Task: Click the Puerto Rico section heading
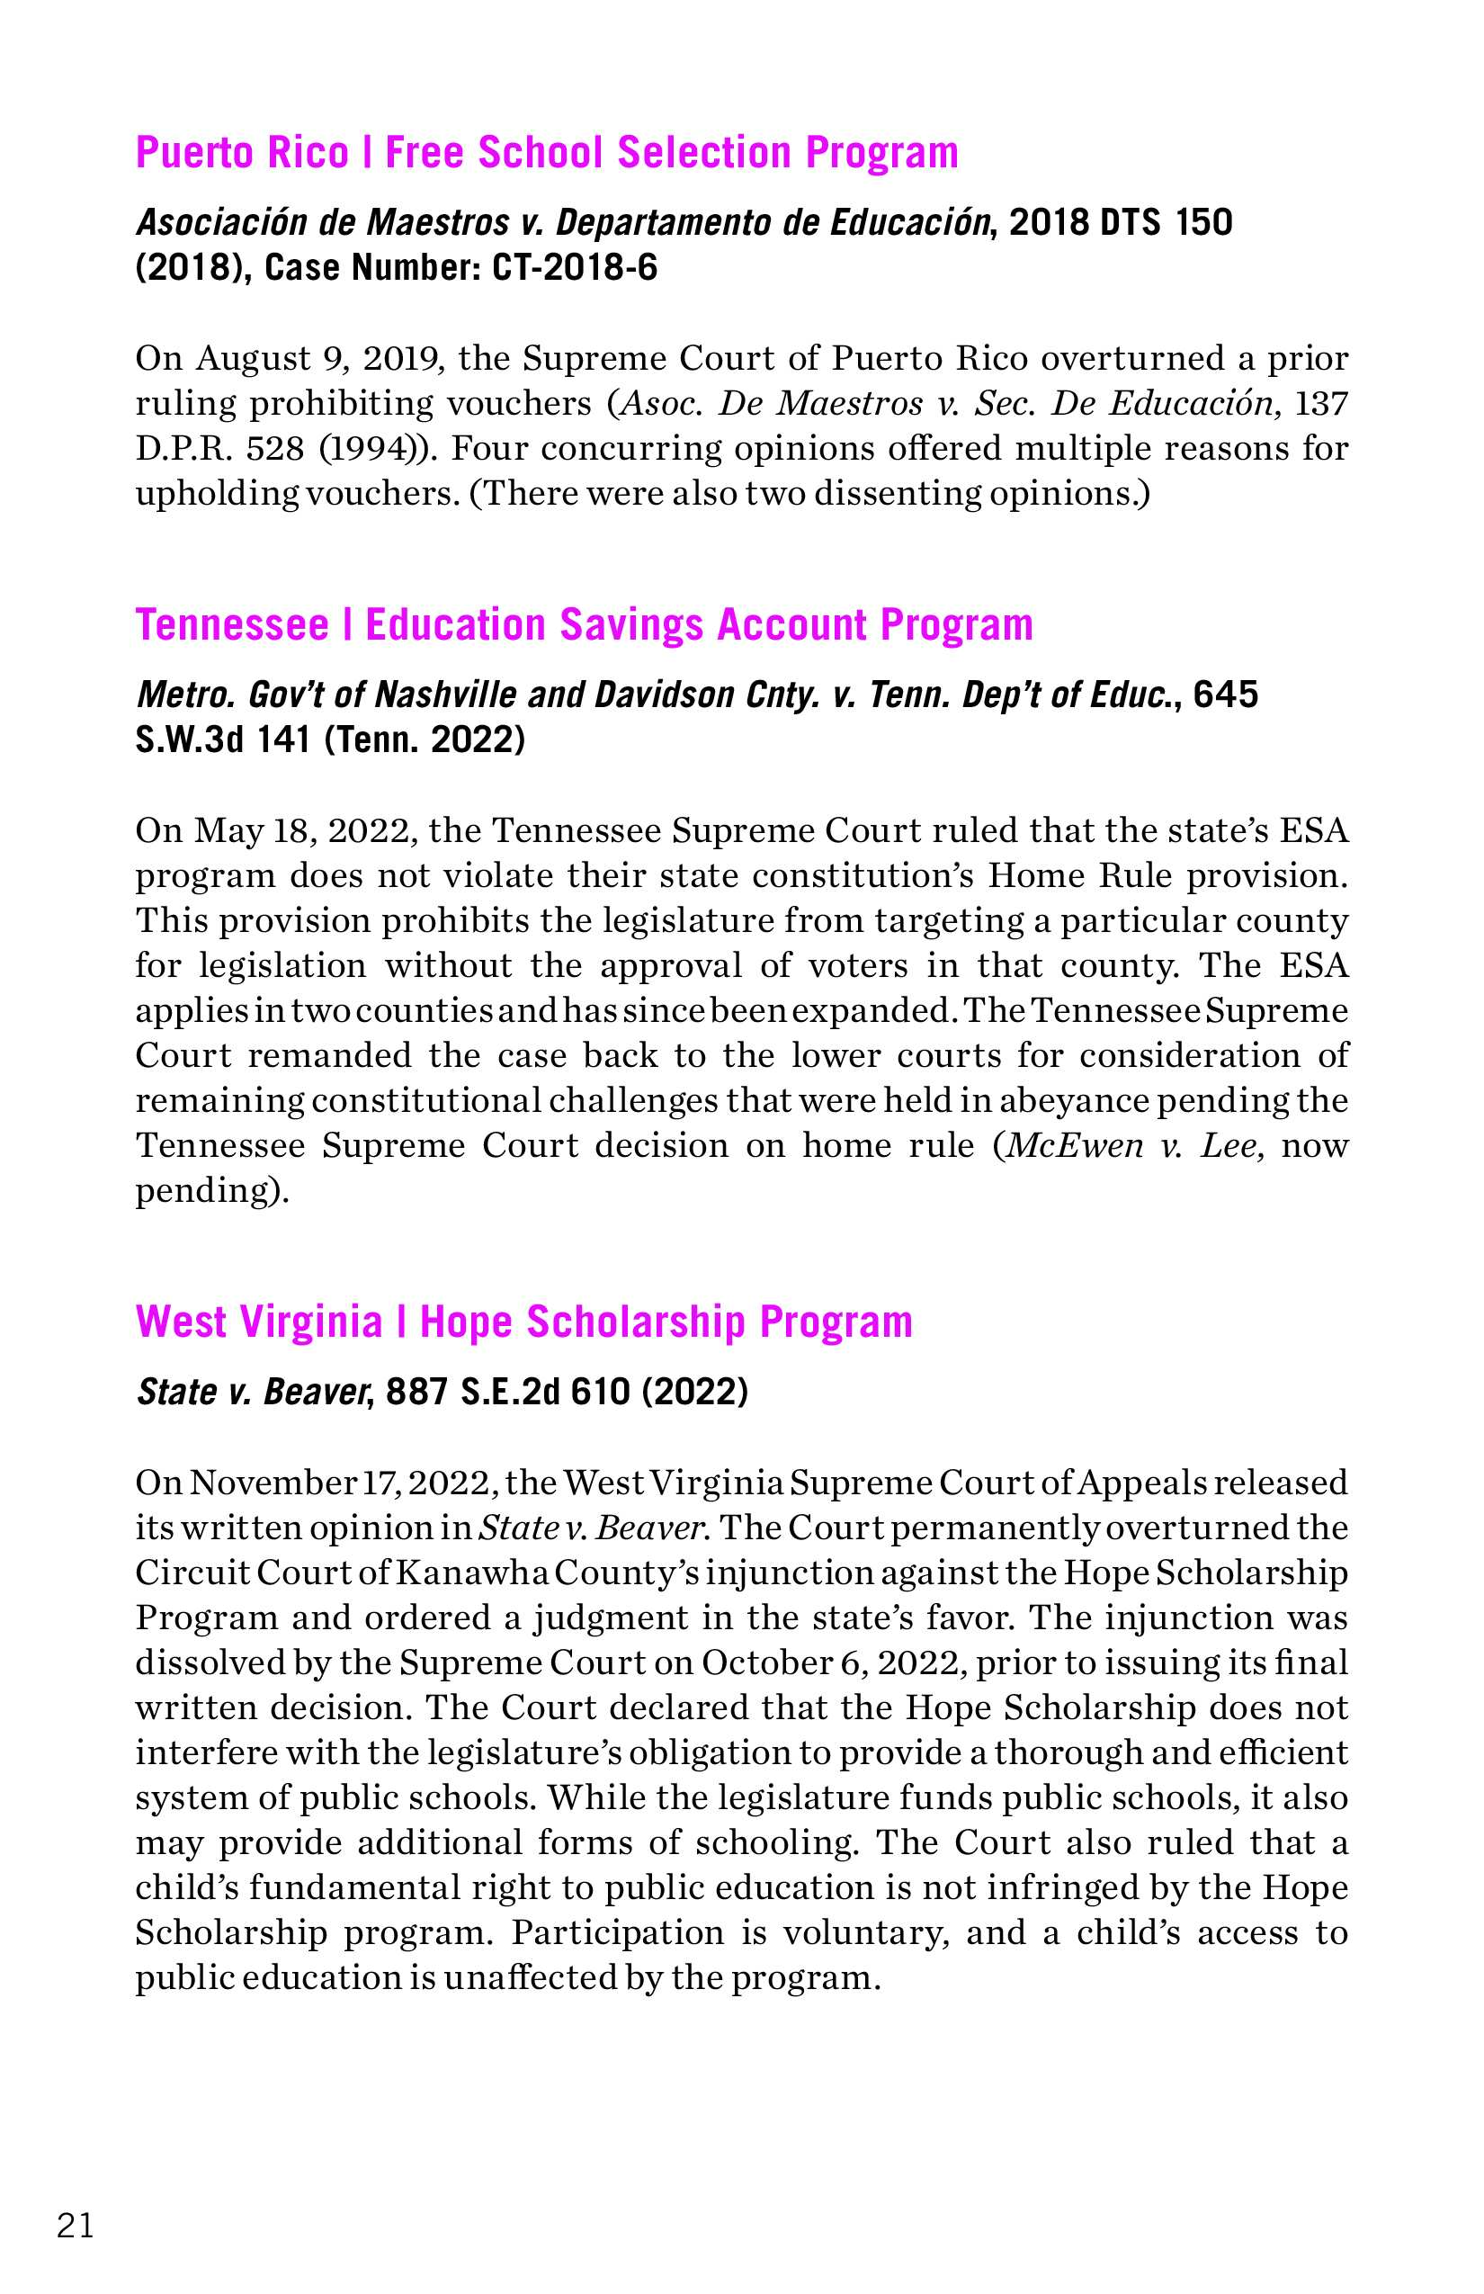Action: (x=547, y=152)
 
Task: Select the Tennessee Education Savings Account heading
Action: (x=584, y=624)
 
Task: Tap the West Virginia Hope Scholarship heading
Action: (x=523, y=1322)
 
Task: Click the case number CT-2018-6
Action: (x=575, y=267)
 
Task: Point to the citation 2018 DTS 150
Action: (x=1120, y=223)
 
